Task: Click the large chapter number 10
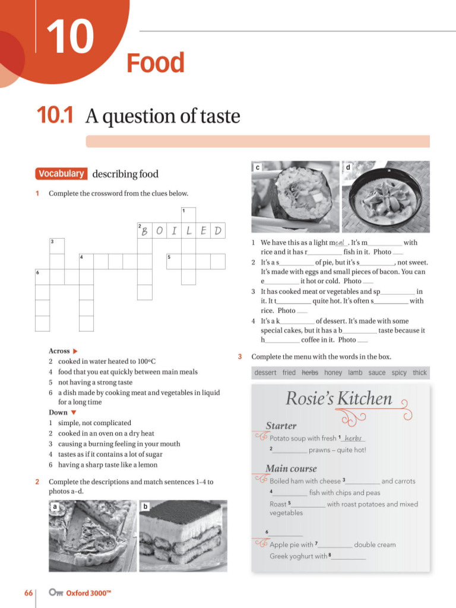[70, 37]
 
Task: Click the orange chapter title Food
[156, 63]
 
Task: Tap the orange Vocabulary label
[61, 174]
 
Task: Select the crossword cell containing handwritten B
[145, 231]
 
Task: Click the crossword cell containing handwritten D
[218, 231]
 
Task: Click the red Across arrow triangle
[75, 351]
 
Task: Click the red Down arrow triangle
[74, 413]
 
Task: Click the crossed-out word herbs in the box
[310, 373]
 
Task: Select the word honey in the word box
[333, 373]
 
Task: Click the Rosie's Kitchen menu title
[338, 398]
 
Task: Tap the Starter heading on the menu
[281, 426]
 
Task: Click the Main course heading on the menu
[291, 468]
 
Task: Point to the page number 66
[28, 593]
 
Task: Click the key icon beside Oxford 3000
[56, 593]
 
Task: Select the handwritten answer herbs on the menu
[353, 438]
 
